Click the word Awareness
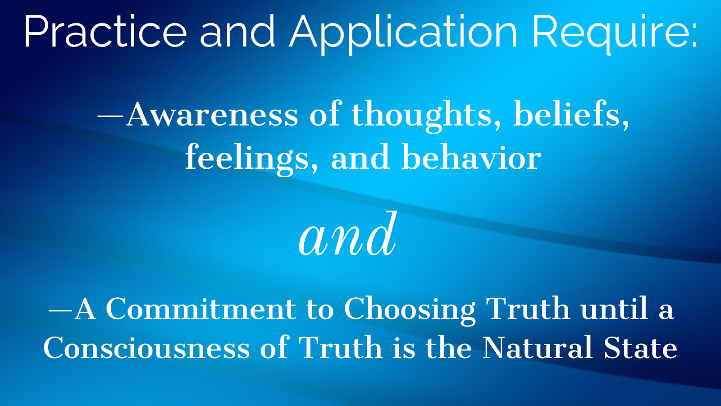click(212, 115)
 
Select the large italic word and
click(347, 234)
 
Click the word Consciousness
click(146, 347)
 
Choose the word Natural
click(537, 347)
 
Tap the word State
click(640, 347)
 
